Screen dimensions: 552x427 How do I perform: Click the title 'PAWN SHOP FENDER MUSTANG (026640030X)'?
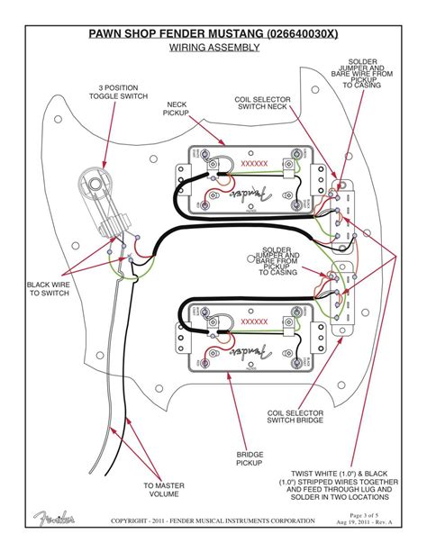pos(213,34)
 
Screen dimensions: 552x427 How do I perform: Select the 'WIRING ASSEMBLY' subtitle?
pos(213,47)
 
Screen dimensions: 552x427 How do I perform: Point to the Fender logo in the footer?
pos(54,518)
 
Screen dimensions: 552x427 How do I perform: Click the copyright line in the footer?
pos(213,521)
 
